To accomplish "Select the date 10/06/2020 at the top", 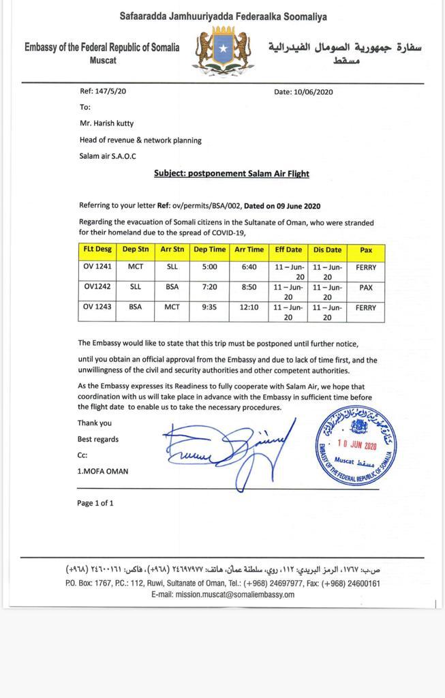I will (x=303, y=92).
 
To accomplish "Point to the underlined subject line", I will (x=231, y=173).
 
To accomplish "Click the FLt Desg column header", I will (x=97, y=250).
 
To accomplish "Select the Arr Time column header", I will (x=249, y=250).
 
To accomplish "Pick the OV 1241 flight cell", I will (x=97, y=267).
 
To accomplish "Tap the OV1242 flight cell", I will (x=97, y=288).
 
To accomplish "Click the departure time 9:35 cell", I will (x=210, y=307).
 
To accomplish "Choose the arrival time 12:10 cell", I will (x=249, y=307).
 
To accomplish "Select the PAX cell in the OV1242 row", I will (x=366, y=288).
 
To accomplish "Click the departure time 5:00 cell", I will (x=210, y=267).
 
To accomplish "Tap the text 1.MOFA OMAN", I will (x=102, y=471).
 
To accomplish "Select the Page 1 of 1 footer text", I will (x=95, y=503).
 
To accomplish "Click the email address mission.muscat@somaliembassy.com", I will (x=223, y=594).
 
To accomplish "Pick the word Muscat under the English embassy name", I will (x=103, y=60).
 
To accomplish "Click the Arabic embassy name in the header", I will (x=345, y=48).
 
